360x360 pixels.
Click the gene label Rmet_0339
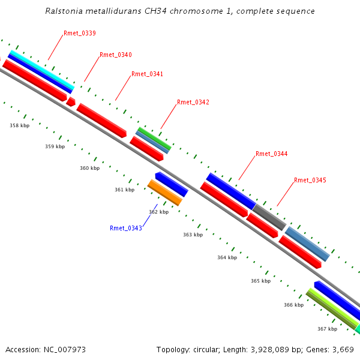pyautogui.click(x=79, y=34)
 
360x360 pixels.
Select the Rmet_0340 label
pyautogui.click(x=116, y=55)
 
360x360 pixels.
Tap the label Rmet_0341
pyautogui.click(x=147, y=74)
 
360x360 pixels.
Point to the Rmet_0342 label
pyautogui.click(x=193, y=103)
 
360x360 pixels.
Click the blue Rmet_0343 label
pyautogui.click(x=126, y=228)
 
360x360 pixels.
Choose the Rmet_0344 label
pyautogui.click(x=271, y=154)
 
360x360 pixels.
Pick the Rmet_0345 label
pyautogui.click(x=310, y=181)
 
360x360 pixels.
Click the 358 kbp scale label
pyautogui.click(x=19, y=126)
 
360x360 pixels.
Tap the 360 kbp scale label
pyautogui.click(x=89, y=169)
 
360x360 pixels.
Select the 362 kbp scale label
pyautogui.click(x=158, y=212)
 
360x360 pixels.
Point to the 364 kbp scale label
pyautogui.click(x=227, y=257)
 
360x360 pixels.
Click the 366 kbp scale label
pyautogui.click(x=293, y=305)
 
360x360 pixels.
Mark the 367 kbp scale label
pyautogui.click(x=327, y=329)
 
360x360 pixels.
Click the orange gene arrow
pyautogui.click(x=164, y=193)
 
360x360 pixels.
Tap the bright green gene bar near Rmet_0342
pyautogui.click(x=154, y=139)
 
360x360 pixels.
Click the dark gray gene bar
pyautogui.click(x=269, y=217)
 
